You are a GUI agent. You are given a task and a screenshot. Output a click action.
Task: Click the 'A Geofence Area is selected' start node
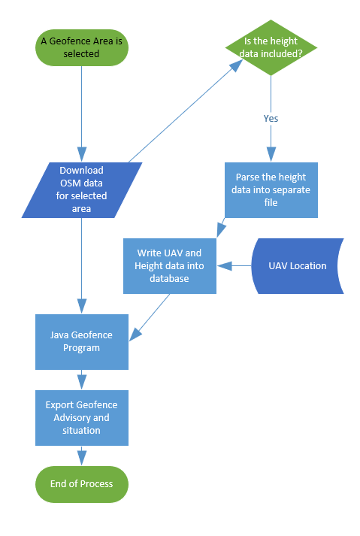pos(82,47)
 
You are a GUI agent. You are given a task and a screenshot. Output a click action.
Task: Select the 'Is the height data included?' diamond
pos(271,47)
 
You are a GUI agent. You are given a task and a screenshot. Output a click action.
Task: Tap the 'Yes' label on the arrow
pos(271,119)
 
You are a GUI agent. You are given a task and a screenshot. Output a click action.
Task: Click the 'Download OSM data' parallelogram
pos(82,190)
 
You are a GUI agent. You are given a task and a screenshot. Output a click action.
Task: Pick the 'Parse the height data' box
pos(271,190)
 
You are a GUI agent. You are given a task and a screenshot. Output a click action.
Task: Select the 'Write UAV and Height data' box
pos(170,266)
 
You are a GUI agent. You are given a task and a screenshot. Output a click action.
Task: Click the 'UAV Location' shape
pos(298,266)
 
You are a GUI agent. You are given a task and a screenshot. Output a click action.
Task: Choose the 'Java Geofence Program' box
pos(82,342)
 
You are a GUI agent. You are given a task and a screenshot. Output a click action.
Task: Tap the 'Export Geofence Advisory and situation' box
pos(82,418)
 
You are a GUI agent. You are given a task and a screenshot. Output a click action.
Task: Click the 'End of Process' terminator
pos(82,484)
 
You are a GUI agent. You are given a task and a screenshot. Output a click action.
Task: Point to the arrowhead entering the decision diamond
pos(236,65)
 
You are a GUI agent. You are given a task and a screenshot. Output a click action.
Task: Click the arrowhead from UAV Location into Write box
pos(224,266)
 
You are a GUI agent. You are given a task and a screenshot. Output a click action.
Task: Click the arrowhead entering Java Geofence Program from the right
pos(135,335)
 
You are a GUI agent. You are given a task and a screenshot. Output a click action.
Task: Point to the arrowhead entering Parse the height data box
pos(271,155)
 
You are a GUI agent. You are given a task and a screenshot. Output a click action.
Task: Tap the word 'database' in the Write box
pos(169,279)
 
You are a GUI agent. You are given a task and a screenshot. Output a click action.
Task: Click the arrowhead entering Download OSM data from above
pos(82,155)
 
